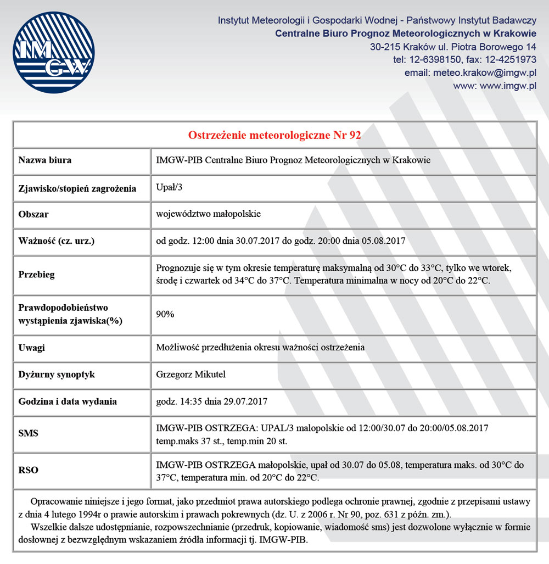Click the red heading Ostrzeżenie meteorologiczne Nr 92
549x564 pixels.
(274, 135)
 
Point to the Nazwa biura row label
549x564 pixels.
(45, 160)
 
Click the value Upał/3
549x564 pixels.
(169, 187)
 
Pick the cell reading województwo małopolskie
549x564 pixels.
(208, 214)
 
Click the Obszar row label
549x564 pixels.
(33, 214)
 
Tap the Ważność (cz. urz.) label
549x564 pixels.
(61, 241)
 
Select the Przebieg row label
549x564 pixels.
(37, 274)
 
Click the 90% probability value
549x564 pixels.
(165, 314)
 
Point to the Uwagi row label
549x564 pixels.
(32, 348)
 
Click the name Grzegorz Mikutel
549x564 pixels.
(191, 375)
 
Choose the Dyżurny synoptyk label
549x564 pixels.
(57, 375)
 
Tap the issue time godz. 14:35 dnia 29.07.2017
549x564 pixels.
(212, 401)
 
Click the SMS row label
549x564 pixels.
(28, 433)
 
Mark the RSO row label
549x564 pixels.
(29, 470)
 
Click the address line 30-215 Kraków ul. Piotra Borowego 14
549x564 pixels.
(453, 47)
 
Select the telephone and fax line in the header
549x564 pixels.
(464, 59)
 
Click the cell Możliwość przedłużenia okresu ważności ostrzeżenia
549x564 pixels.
(260, 348)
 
